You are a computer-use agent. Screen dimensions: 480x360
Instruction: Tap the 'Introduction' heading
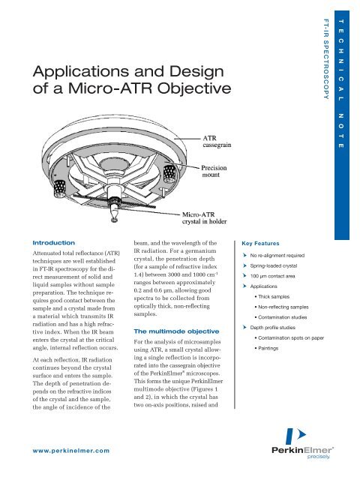49,244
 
